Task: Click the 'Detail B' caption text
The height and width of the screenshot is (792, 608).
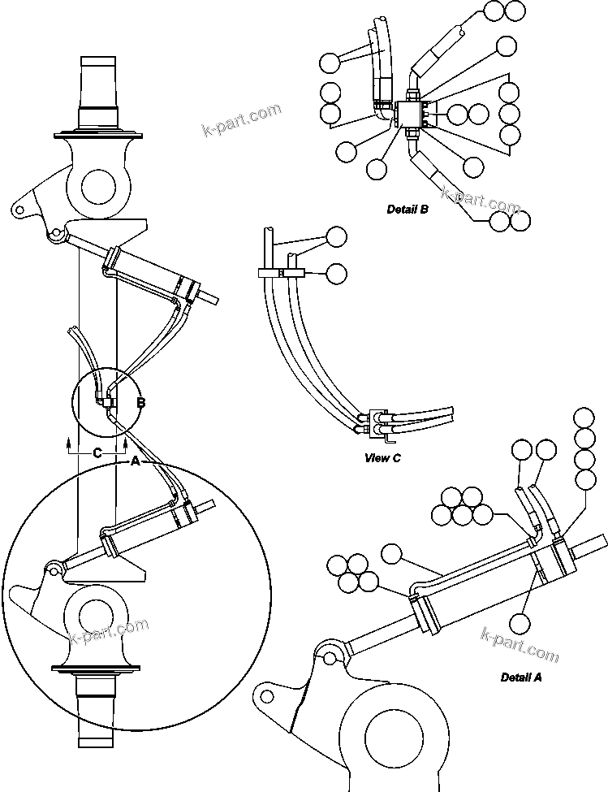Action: (407, 210)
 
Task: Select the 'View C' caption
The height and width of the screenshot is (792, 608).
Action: (383, 458)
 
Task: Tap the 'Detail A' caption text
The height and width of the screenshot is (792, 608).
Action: (520, 677)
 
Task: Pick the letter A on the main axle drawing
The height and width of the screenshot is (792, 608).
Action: (136, 461)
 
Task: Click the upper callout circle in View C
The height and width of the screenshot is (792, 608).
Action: (335, 236)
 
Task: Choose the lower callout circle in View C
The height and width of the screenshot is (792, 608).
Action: (335, 274)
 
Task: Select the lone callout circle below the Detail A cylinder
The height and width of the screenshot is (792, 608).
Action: (520, 624)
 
